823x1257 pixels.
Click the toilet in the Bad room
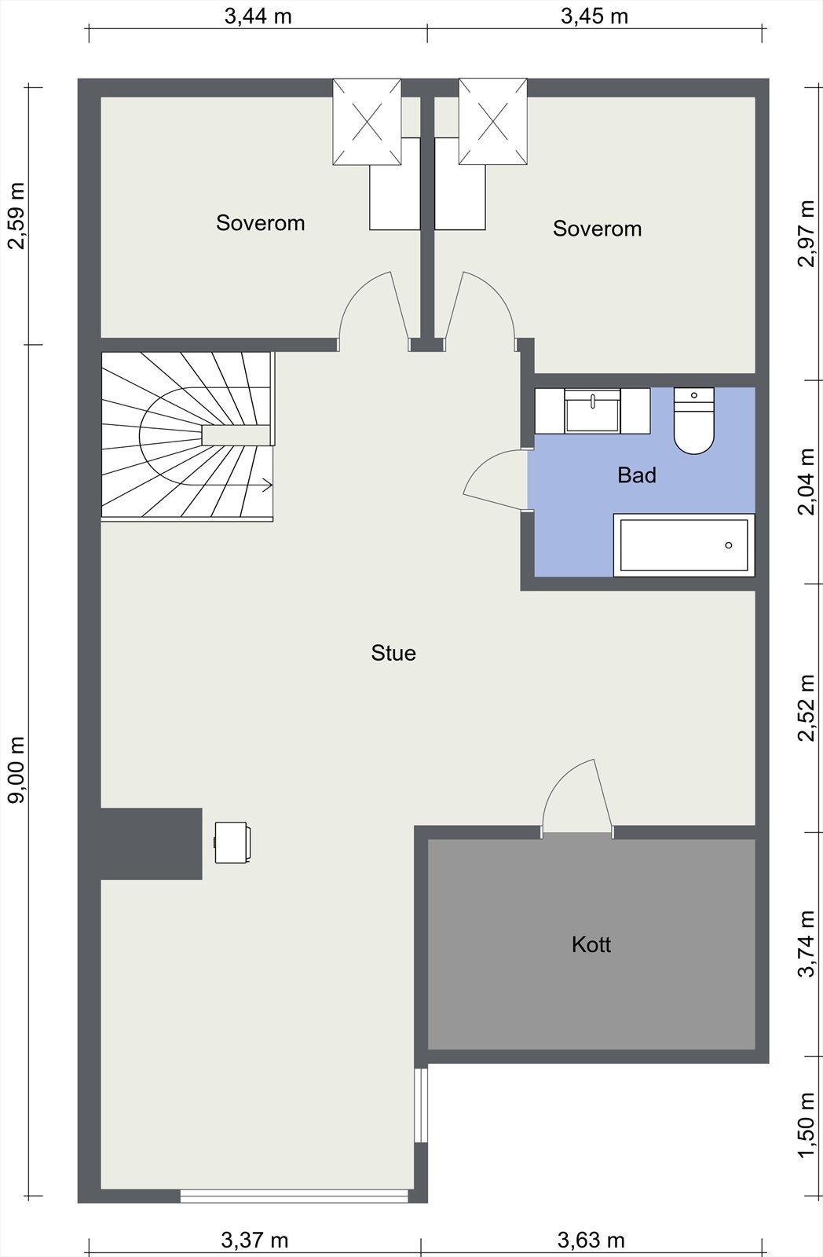tap(694, 420)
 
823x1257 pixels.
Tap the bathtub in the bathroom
tap(684, 545)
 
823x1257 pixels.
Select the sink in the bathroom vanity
tap(592, 411)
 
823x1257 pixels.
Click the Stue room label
tap(393, 653)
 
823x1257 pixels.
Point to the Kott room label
tap(591, 944)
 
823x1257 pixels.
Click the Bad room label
tap(637, 475)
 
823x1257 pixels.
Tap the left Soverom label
tap(260, 223)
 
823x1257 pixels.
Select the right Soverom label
tap(597, 229)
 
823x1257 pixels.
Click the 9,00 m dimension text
tap(16, 770)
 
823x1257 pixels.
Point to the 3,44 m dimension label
tap(258, 16)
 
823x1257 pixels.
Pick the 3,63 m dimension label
tap(591, 1240)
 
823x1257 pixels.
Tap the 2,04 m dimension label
tap(807, 482)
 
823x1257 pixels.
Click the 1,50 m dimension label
tap(807, 1124)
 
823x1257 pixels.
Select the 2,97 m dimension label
tap(807, 233)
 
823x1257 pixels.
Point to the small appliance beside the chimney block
tap(232, 842)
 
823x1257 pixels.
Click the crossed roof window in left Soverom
tap(367, 122)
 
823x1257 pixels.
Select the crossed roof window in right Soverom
tap(493, 122)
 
